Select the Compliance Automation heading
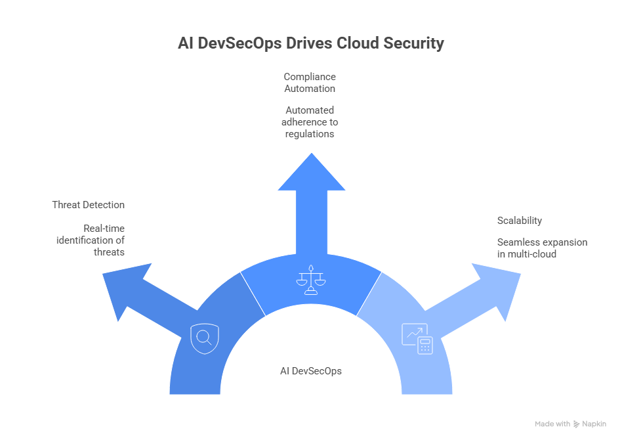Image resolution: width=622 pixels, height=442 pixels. point(310,83)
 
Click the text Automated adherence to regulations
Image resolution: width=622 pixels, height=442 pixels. point(310,122)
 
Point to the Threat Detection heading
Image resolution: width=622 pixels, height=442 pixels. point(88,205)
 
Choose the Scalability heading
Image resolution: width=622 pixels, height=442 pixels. point(520,221)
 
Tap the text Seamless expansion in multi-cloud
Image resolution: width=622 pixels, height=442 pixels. point(542,248)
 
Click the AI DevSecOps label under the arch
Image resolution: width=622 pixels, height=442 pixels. point(311,371)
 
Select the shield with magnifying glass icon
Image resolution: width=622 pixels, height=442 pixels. point(203,338)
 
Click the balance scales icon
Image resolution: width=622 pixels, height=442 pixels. point(311,280)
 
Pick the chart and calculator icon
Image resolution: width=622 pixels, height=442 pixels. point(417,339)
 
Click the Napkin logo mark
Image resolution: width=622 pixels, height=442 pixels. point(576,424)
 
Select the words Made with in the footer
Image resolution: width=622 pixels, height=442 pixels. point(552,424)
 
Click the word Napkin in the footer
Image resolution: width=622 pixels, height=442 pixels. point(594,424)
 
